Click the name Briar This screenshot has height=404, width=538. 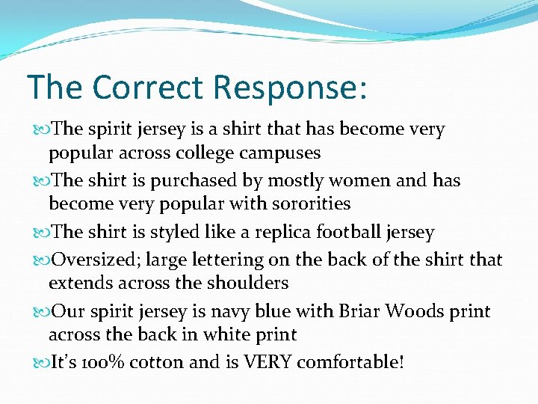click(360, 310)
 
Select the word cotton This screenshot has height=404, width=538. click(157, 363)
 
